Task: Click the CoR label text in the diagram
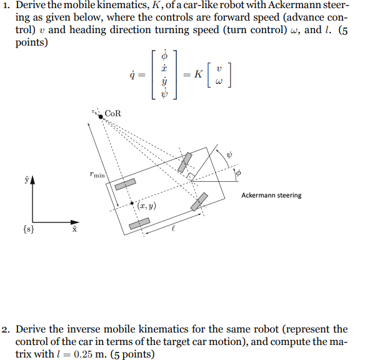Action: click(x=113, y=113)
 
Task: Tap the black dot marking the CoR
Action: click(x=101, y=116)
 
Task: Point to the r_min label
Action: click(x=97, y=176)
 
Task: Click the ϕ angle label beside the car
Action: click(x=238, y=172)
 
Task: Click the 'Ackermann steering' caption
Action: click(x=271, y=195)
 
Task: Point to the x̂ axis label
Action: click(x=74, y=231)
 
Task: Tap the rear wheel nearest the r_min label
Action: click(x=125, y=186)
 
